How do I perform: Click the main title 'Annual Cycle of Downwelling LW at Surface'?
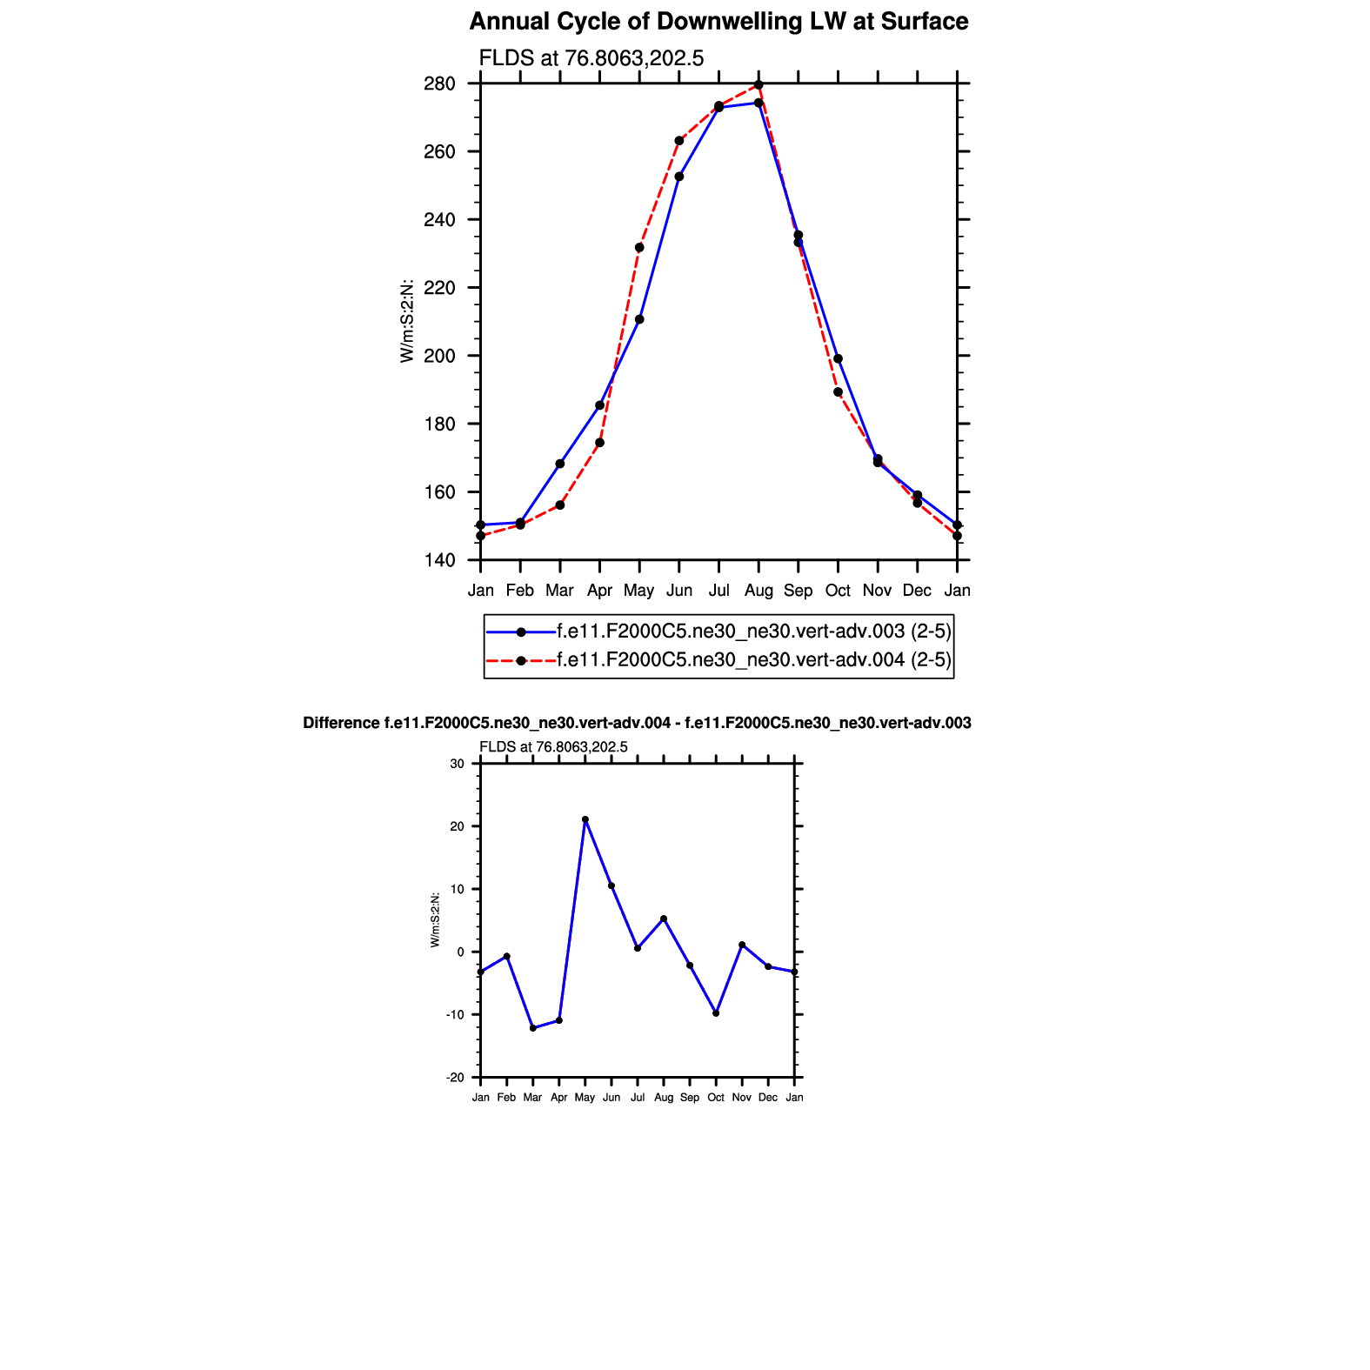pos(718,22)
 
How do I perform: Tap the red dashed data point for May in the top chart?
pos(639,248)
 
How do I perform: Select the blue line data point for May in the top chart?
pos(639,319)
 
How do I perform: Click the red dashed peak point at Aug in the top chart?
pos(759,84)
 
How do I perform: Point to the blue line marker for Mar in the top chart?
pos(560,464)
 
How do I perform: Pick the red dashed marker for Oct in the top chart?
pos(838,392)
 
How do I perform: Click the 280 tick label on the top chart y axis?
pos(440,84)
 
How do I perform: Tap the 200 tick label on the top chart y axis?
pos(440,356)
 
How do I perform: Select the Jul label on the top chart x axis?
pos(718,591)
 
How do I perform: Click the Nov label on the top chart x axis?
pos(877,591)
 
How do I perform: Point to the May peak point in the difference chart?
pos(585,819)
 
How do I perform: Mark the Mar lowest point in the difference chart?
pos(533,1028)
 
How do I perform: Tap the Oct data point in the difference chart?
pos(716,1013)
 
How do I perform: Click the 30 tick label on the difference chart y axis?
pos(458,764)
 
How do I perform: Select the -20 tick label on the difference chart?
pos(456,1078)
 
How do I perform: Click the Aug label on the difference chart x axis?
pos(664,1098)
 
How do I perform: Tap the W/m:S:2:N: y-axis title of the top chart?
pos(406,322)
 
